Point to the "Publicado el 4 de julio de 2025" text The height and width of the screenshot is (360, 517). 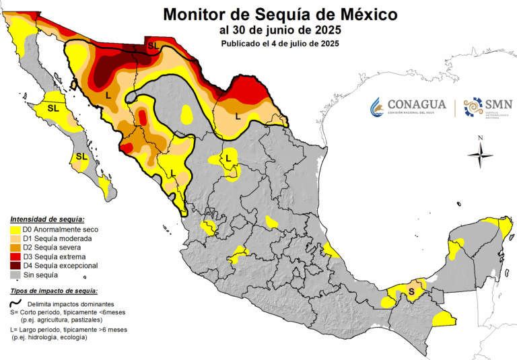pos(279,44)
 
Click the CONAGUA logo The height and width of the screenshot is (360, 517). pos(407,106)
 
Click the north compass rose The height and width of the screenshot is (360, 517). pos(480,155)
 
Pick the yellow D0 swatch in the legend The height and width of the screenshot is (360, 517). pos(15,229)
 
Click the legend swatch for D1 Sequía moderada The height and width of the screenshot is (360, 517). pos(15,238)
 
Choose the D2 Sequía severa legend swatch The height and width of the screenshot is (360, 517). pos(15,248)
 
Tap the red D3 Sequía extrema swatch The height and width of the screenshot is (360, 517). pos(15,256)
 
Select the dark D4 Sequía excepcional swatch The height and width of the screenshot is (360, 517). pos(15,266)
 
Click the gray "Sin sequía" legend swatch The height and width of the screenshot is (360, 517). pos(15,275)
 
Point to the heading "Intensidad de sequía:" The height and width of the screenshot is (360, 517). pos(47,219)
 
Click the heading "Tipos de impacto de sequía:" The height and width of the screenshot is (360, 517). pos(54,291)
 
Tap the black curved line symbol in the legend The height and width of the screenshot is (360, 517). pos(15,303)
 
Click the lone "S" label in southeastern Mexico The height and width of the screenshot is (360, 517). pos(411,291)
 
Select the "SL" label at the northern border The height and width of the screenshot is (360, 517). pos(153,46)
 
